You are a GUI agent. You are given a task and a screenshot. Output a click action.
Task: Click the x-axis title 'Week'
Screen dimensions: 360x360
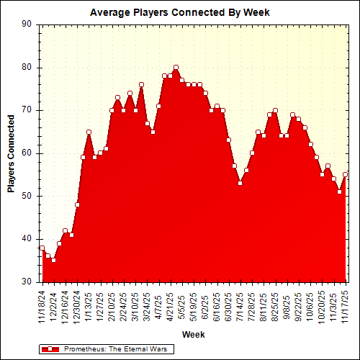click(x=193, y=334)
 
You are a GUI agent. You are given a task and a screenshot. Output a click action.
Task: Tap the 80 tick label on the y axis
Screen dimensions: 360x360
click(x=27, y=68)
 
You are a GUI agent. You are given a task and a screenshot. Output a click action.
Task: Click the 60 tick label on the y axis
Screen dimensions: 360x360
click(x=27, y=153)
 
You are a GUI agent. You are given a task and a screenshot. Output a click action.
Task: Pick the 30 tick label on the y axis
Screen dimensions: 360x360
click(x=27, y=282)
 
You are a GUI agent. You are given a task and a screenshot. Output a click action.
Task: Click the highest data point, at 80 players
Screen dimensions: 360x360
click(x=176, y=68)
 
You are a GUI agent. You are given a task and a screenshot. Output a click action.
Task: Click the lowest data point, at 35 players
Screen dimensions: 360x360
click(x=53, y=260)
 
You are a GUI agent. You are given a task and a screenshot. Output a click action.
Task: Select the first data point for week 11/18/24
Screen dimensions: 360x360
click(x=42, y=248)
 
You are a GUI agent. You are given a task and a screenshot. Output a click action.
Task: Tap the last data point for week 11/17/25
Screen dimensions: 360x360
click(x=345, y=174)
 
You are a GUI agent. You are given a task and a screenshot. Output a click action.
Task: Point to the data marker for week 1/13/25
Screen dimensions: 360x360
click(x=89, y=132)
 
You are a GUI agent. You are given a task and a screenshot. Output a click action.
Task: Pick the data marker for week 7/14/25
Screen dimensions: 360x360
click(x=240, y=183)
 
